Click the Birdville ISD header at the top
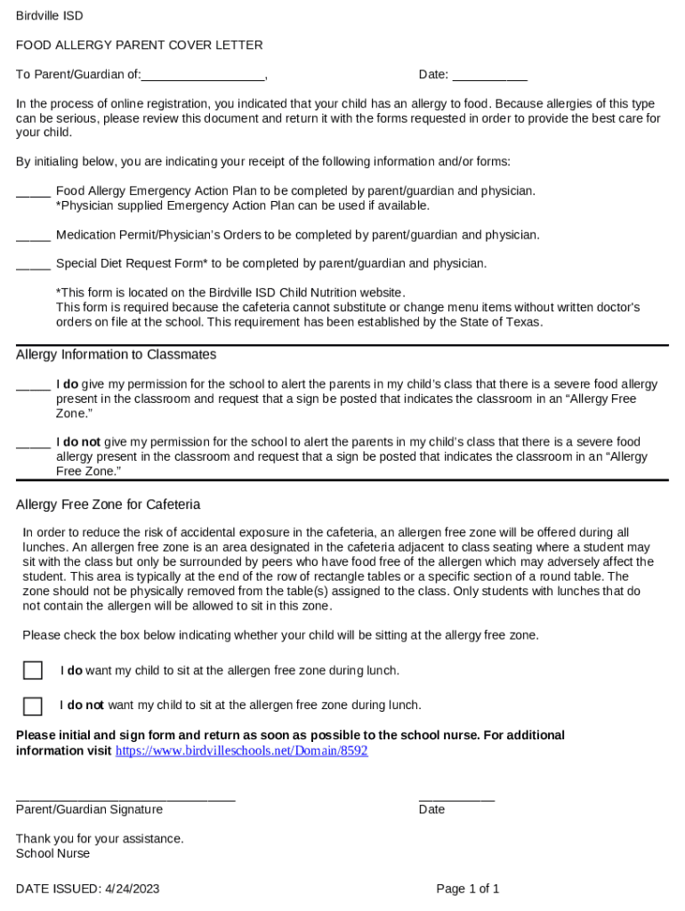pyautogui.click(x=49, y=16)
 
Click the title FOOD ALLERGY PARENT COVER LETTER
pyautogui.click(x=139, y=45)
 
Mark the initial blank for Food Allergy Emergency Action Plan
pyautogui.click(x=33, y=192)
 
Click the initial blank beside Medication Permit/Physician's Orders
pyautogui.click(x=33, y=237)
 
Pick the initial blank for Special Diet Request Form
pyautogui.click(x=33, y=265)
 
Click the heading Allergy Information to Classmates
pyautogui.click(x=116, y=355)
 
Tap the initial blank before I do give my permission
pyautogui.click(x=33, y=386)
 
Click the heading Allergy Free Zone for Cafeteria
pyautogui.click(x=108, y=505)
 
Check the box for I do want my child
pyautogui.click(x=33, y=671)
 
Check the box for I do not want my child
pyautogui.click(x=33, y=706)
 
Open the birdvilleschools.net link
pyautogui.click(x=241, y=751)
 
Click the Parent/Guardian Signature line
pyautogui.click(x=125, y=797)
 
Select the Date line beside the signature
pyautogui.click(x=456, y=797)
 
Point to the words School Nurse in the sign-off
pyautogui.click(x=52, y=854)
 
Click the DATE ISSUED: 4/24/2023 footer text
pyautogui.click(x=87, y=889)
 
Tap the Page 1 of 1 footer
pyautogui.click(x=467, y=889)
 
